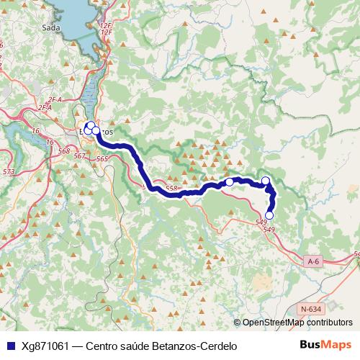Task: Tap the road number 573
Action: [9, 171]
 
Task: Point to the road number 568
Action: [65, 150]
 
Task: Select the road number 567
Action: [80, 156]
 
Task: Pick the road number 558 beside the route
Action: [171, 189]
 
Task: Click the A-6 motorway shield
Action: [312, 261]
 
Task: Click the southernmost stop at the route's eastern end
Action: [270, 215]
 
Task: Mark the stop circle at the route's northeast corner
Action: [266, 181]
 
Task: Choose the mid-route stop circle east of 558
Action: [230, 182]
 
